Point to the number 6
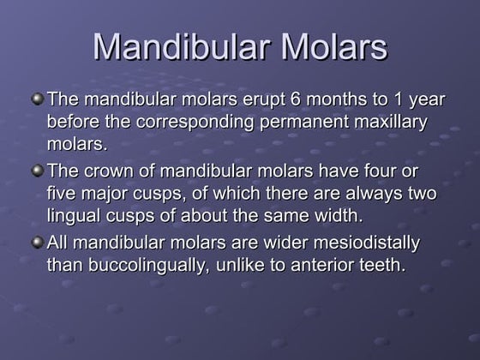(274, 100)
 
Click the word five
(63, 193)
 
